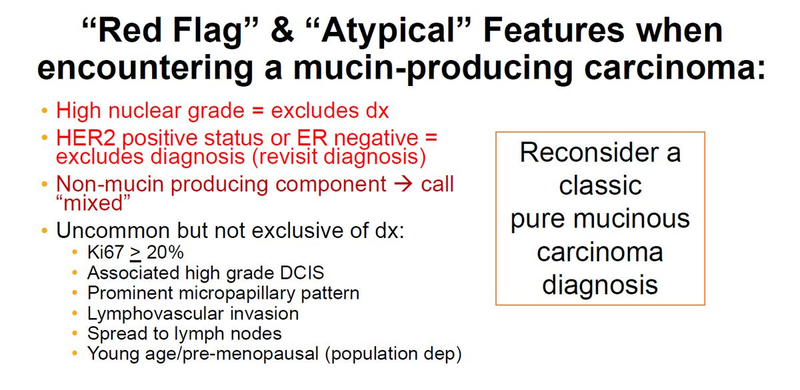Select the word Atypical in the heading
click(387, 32)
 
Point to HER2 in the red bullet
click(86, 138)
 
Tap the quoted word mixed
click(93, 203)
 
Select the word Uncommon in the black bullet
click(113, 231)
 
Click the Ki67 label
click(105, 252)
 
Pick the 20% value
click(165, 252)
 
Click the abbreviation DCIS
click(302, 273)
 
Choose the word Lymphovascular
click(156, 314)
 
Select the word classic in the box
click(600, 186)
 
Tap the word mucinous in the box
click(631, 219)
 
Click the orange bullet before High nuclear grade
click(45, 111)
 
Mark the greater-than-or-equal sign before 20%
click(135, 253)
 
